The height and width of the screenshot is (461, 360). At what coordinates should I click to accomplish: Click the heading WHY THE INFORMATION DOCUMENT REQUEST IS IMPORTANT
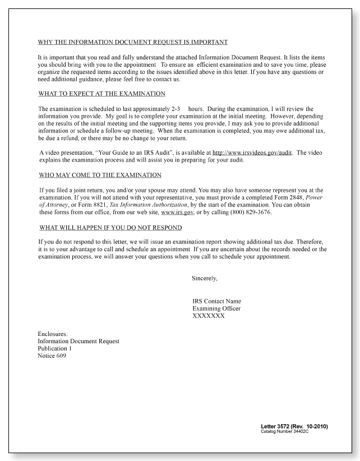click(x=132, y=42)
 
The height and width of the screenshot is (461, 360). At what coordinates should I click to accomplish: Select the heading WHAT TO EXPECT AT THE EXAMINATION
click(x=101, y=93)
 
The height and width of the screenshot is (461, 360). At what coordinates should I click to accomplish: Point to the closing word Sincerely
click(x=204, y=278)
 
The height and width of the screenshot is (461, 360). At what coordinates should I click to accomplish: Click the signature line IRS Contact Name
click(x=216, y=301)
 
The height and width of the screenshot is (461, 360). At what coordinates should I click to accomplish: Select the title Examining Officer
click(x=215, y=308)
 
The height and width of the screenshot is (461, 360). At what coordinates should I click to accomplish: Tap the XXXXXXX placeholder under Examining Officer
click(x=209, y=316)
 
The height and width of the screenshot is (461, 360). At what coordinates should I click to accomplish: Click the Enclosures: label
click(x=53, y=334)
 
